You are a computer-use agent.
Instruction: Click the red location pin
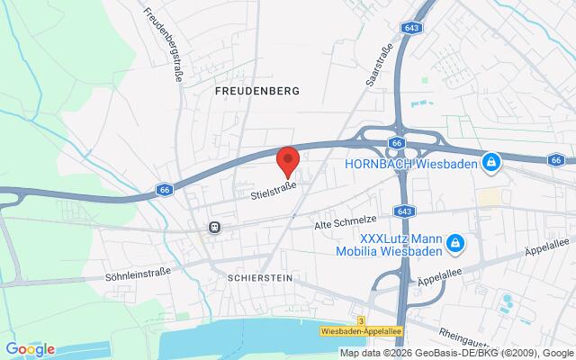288,160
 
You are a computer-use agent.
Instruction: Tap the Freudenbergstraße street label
165,44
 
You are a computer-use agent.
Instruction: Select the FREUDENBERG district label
256,91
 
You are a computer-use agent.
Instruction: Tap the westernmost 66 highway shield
164,190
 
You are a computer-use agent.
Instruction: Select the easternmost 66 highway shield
555,159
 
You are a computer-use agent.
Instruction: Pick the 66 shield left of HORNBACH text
397,143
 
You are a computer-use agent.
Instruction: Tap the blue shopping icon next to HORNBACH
490,163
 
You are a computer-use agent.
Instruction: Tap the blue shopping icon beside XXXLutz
455,243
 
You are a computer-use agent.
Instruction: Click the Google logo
30,349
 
